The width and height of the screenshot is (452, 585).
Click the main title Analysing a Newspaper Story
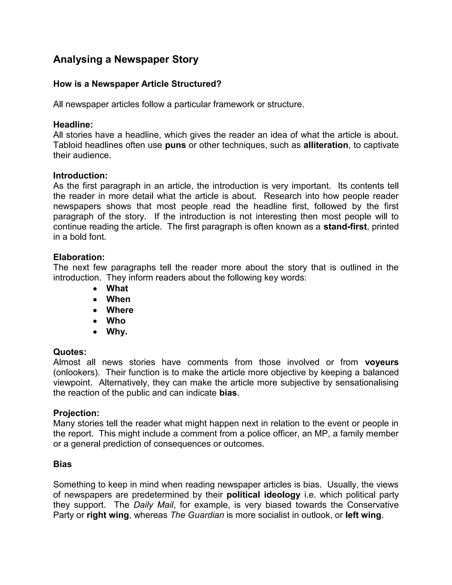(126, 59)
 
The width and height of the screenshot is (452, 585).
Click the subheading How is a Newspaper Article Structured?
(137, 84)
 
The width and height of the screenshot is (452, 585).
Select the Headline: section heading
(73, 125)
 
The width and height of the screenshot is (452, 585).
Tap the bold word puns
(175, 145)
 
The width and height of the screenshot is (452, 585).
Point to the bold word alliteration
(326, 145)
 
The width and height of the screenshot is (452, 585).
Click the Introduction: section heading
(80, 176)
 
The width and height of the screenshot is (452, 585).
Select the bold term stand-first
(345, 227)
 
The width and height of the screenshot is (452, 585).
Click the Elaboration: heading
(79, 257)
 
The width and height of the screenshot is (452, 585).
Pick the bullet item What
(117, 289)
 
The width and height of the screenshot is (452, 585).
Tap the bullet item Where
(120, 310)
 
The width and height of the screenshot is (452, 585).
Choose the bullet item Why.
(117, 332)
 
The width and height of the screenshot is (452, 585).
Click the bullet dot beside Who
(95, 321)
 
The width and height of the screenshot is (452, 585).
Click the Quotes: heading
(70, 352)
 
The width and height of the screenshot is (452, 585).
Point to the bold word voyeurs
(382, 362)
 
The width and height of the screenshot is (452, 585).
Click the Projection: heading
(76, 413)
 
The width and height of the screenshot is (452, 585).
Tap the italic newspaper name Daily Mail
(154, 505)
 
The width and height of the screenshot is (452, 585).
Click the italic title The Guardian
(197, 515)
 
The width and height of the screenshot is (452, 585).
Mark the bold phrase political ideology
(264, 495)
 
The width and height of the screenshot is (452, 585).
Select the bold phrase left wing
(363, 515)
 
